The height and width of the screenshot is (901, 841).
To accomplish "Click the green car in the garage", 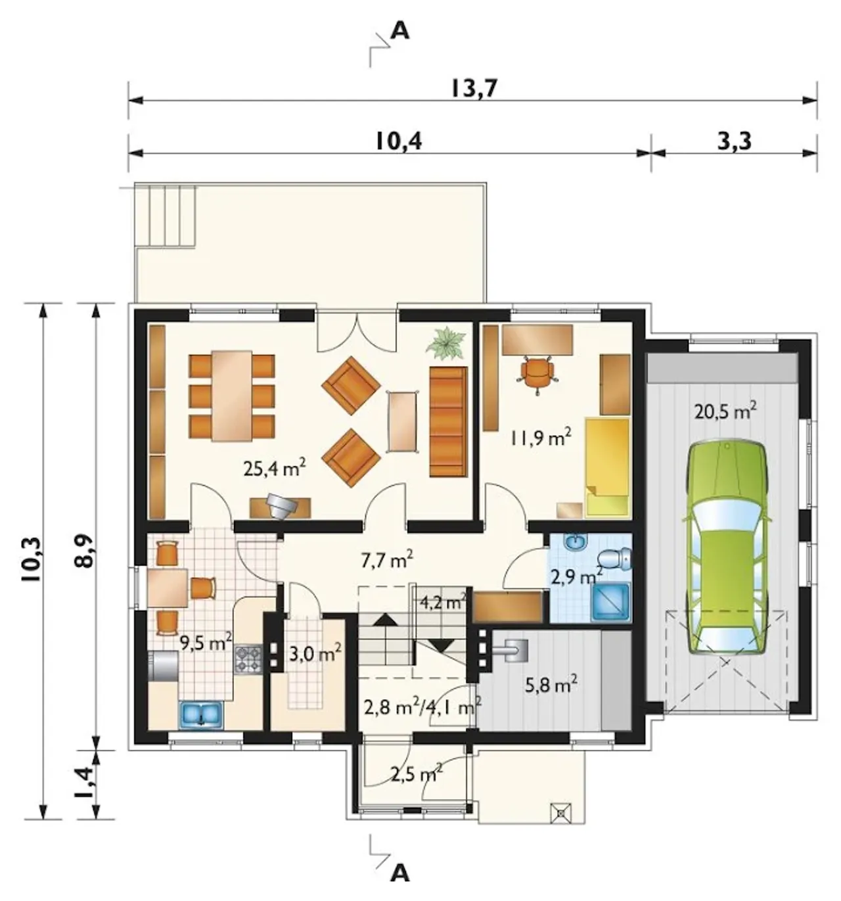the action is pos(727,553).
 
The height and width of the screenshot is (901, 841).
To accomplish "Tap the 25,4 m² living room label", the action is pos(274,469).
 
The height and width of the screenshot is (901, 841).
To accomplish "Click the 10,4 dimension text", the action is pos(399,141).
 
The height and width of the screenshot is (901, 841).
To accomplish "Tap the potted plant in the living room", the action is pos(445,341).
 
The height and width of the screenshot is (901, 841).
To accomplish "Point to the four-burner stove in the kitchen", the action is pos(248,658).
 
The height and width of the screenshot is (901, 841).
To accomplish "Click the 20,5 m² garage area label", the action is pos(725,411).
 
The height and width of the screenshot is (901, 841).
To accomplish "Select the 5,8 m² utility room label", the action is pos(551,685).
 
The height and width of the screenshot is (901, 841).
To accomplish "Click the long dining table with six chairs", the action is pos(232,396).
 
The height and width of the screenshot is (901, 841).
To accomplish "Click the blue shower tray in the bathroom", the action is pos(612,601).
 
